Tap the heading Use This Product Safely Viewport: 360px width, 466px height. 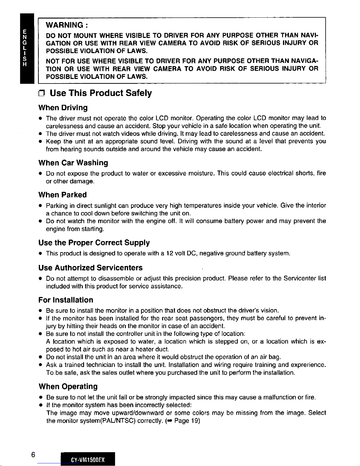pos(101,93)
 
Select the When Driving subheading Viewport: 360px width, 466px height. pos(63,108)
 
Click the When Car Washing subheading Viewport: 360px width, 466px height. pos(73,163)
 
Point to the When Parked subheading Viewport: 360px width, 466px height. pos(62,195)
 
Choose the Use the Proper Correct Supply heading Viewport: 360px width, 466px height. pos(94,243)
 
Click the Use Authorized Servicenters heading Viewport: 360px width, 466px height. pos(91,268)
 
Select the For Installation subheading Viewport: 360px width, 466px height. pos(66,300)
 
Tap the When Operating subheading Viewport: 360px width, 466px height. pos(68,386)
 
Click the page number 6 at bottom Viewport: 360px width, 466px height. pos(33,455)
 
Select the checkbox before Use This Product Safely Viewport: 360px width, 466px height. pos(41,94)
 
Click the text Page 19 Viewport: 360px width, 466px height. pos(187,421)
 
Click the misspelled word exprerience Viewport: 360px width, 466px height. pos(308,365)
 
